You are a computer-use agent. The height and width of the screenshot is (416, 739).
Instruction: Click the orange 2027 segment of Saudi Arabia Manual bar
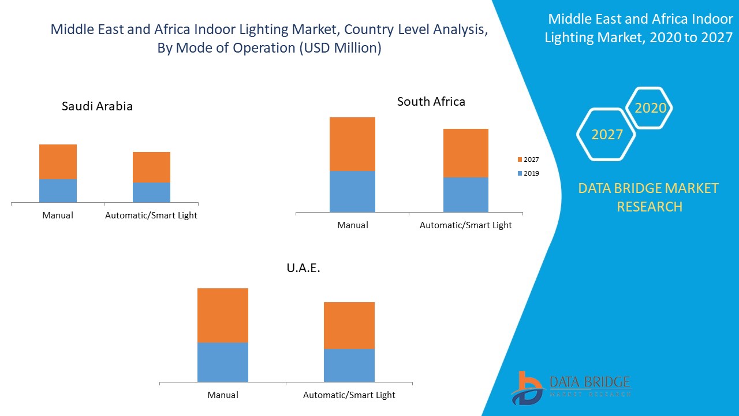point(58,162)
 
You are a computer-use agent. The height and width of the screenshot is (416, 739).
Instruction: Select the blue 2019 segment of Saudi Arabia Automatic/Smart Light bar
point(151,192)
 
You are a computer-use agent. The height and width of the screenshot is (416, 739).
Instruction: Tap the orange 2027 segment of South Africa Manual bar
point(352,144)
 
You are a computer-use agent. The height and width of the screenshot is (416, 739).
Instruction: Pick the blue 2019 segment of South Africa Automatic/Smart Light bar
point(465,195)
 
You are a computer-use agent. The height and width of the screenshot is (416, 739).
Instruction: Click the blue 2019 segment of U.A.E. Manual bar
point(222,362)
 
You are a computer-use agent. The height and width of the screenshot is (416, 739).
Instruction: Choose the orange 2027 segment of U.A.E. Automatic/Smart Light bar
point(349,325)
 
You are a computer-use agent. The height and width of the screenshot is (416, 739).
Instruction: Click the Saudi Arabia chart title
point(97,106)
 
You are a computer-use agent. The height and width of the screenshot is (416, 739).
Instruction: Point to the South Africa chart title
point(431,102)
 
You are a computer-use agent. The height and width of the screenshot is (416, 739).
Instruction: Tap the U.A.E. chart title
point(303,268)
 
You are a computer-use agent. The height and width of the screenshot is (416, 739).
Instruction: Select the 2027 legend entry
point(528,159)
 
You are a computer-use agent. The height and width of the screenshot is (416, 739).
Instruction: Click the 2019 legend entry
point(528,173)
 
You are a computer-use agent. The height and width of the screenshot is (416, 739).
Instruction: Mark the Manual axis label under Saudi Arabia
point(58,216)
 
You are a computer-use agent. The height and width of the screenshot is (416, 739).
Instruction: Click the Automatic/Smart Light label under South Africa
point(465,225)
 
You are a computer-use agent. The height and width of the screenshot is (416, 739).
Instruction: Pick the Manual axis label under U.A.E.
point(223,395)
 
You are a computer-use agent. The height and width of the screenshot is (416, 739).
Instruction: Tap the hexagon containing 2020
point(650,108)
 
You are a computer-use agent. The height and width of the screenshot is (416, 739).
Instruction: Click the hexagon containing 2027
point(606,135)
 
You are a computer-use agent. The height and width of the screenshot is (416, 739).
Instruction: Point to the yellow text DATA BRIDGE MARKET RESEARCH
point(649,197)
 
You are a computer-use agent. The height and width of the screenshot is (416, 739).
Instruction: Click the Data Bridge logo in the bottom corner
point(569,387)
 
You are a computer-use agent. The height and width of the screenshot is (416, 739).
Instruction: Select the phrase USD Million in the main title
point(339,48)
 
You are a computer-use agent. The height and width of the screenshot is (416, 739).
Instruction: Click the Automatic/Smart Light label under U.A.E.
point(349,395)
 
